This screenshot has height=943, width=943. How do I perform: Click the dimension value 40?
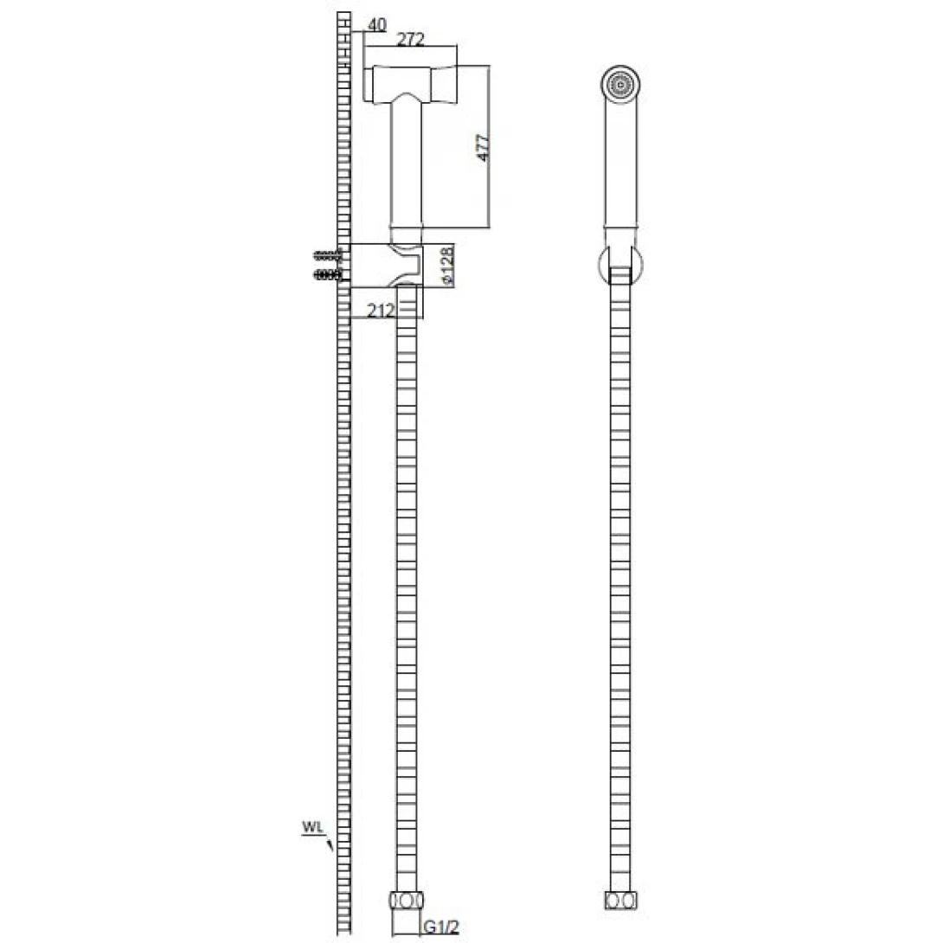pyautogui.click(x=376, y=25)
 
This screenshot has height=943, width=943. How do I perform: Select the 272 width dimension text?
pyautogui.click(x=411, y=39)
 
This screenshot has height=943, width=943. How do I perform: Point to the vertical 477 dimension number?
pyautogui.click(x=483, y=148)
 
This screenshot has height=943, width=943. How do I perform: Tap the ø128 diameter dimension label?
pyautogui.click(x=446, y=266)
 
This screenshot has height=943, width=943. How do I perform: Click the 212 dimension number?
pyautogui.click(x=380, y=311)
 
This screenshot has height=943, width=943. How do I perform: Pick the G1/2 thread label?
pyautogui.click(x=441, y=927)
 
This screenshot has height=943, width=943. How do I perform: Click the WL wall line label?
pyautogui.click(x=312, y=827)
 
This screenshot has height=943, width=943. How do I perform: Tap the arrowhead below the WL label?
pyautogui.click(x=330, y=845)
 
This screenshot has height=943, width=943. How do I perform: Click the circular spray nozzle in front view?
pyautogui.click(x=620, y=84)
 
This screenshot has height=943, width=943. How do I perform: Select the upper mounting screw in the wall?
pyautogui.click(x=328, y=255)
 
